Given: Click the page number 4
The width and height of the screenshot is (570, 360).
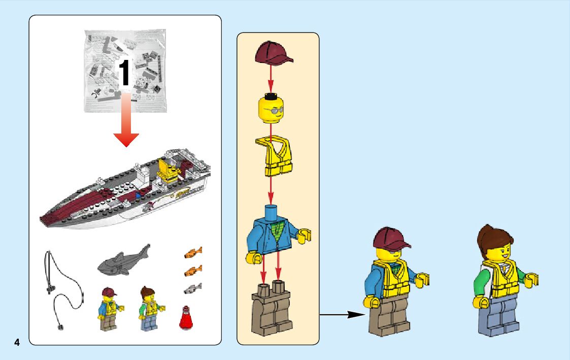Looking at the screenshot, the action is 17,342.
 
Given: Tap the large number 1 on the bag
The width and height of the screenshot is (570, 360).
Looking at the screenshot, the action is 124,73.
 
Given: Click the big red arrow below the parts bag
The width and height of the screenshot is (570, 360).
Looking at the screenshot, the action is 126,120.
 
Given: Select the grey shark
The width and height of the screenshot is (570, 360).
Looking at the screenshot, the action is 124,259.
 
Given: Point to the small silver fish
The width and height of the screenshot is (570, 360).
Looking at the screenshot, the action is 193,289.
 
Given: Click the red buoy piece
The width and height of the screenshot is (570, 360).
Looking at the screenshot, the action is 186,318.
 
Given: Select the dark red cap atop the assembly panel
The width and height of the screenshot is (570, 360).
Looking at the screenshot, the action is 274,53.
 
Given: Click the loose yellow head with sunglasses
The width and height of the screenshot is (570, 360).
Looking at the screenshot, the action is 271,108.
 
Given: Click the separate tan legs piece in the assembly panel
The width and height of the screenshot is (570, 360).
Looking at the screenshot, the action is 272,308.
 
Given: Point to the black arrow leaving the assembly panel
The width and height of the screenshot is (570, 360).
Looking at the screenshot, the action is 342,314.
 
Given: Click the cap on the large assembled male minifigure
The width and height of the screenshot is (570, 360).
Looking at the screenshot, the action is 391,239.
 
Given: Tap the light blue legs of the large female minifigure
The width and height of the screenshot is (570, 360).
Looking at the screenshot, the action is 499,315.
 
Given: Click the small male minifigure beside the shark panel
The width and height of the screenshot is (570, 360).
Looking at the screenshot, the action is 111,309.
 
